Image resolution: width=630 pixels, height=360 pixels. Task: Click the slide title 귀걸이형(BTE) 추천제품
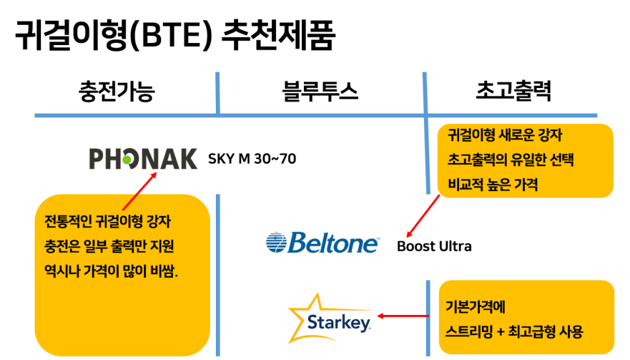coord(175,35)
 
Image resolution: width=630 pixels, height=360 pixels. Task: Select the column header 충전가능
coord(117,91)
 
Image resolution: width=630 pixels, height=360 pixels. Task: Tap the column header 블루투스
coord(320,91)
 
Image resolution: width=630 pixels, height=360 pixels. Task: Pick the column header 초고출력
coord(513,91)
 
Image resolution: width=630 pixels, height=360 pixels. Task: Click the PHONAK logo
coord(143,158)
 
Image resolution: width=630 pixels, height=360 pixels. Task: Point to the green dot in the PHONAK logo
coord(127,160)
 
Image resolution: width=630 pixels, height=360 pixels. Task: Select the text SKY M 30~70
coord(252,159)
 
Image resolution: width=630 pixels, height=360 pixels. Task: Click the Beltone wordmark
coord(333,242)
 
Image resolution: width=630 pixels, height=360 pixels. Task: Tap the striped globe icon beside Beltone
coord(277,242)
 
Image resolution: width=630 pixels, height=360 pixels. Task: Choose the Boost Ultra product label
coord(434,246)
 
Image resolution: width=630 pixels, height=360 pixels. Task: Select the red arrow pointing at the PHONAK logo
coord(140,191)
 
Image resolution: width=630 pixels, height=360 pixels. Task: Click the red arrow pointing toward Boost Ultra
coord(423,217)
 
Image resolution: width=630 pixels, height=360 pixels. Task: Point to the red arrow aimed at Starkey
coord(403,316)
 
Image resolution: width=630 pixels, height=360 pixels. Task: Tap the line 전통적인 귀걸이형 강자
coord(108,221)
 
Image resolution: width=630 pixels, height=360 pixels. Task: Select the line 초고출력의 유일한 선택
coord(511,160)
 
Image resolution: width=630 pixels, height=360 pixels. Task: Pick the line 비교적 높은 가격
coord(492,185)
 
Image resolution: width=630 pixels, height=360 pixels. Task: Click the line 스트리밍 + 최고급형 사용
coord(515,332)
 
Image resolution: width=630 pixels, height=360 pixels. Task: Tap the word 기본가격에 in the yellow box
coord(475,307)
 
